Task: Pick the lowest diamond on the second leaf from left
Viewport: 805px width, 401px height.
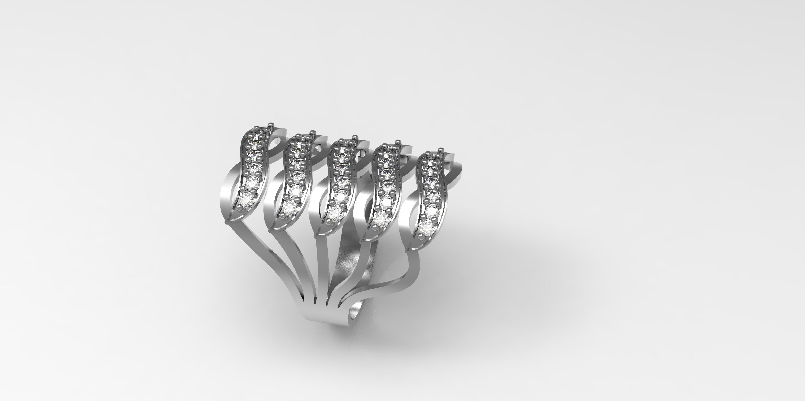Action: tap(291, 206)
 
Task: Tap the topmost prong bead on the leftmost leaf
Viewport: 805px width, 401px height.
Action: tap(271, 124)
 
